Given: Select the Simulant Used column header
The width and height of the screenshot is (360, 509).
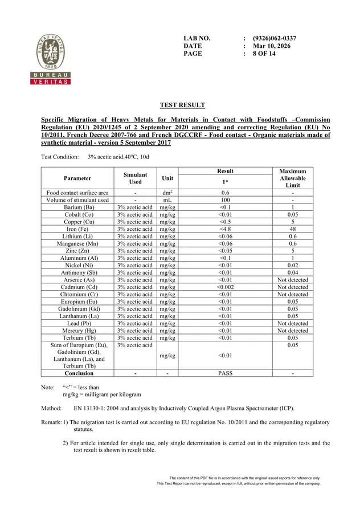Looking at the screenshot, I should [135, 178].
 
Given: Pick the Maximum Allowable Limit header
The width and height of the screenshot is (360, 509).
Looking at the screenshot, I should [293, 178].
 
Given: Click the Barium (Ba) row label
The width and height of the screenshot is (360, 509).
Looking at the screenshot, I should [77, 207].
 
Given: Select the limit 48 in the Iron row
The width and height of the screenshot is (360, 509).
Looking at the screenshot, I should [293, 229].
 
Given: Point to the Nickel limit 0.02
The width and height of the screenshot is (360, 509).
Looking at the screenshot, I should [293, 266].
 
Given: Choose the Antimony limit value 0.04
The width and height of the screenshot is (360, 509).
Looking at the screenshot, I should [293, 272].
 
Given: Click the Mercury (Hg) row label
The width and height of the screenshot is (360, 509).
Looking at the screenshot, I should [77, 331].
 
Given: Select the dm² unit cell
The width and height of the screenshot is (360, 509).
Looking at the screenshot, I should [167, 193].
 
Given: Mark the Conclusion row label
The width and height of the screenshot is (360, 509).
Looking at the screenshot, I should [79, 373].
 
